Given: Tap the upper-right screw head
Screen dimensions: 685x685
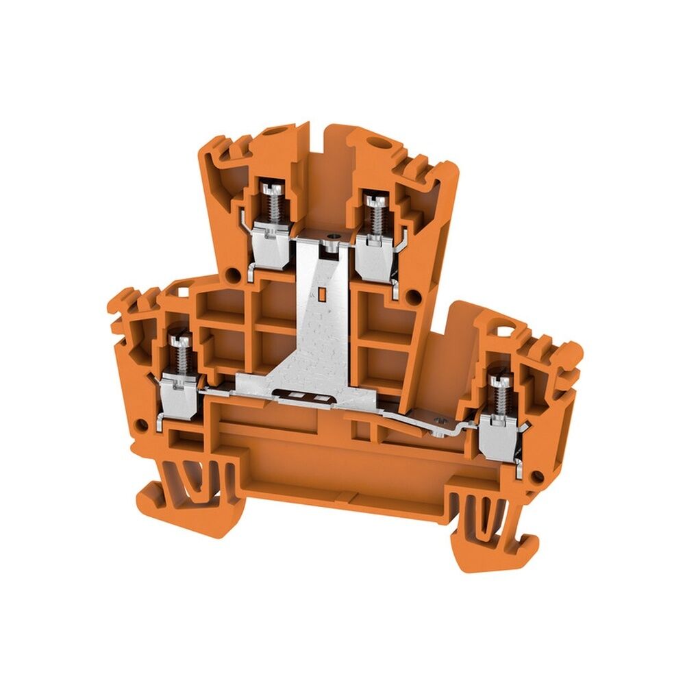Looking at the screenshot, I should [x=374, y=199].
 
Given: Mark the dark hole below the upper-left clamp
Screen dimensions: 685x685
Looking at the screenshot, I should [x=233, y=276].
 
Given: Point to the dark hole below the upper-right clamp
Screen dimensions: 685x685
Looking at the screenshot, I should [x=413, y=296].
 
